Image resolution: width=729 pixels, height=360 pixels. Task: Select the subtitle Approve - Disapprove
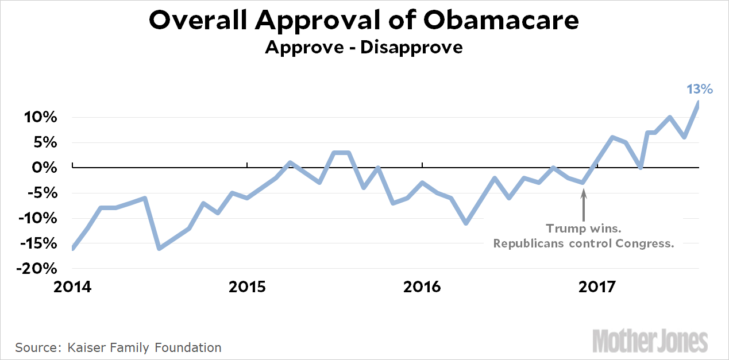point(364,47)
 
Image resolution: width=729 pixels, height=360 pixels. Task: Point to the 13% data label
point(700,89)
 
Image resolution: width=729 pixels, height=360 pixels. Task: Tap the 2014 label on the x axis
point(73,286)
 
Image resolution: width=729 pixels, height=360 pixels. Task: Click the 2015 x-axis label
point(248,286)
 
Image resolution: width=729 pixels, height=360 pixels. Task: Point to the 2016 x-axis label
point(422,286)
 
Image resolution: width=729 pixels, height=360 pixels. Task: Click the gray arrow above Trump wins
point(584,206)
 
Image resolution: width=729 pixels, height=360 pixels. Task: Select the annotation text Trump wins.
point(583,229)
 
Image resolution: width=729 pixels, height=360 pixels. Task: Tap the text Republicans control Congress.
point(583,243)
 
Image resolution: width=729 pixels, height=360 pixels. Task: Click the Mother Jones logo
point(650,340)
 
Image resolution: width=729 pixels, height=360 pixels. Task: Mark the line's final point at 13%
point(699,102)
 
